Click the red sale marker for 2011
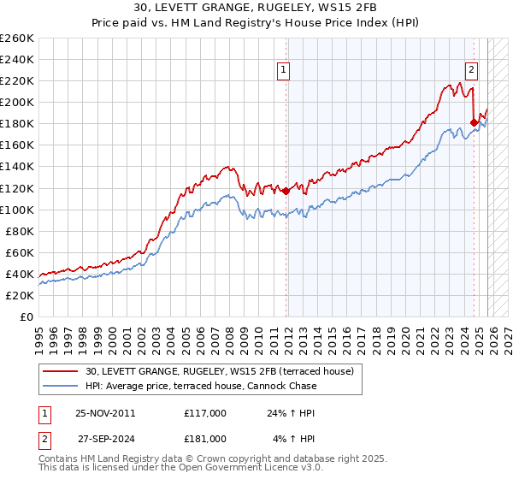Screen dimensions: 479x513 click(x=286, y=191)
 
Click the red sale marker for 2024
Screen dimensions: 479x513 click(x=474, y=122)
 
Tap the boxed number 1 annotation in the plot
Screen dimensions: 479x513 click(x=283, y=71)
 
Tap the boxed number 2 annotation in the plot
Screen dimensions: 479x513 click(x=471, y=71)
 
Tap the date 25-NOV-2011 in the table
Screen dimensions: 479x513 click(x=105, y=412)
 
